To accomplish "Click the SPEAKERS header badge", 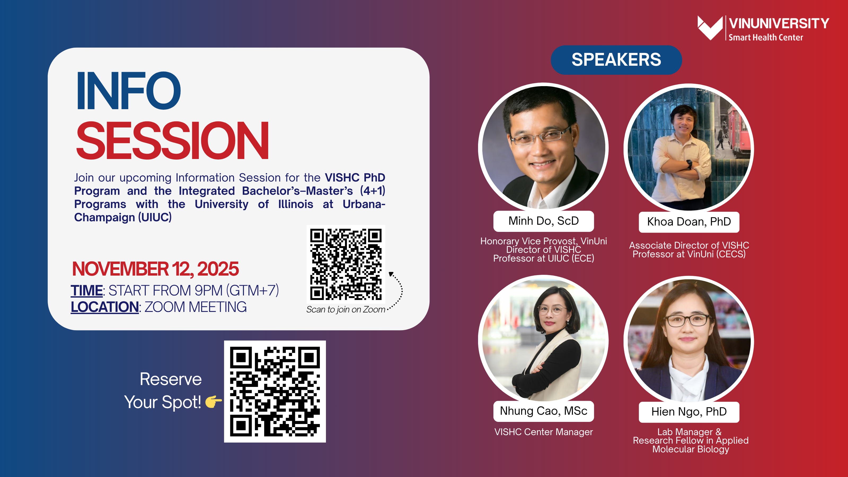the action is [616, 60].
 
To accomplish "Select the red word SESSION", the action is [173, 140].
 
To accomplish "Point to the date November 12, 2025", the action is [155, 269].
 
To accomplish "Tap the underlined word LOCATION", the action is [105, 307].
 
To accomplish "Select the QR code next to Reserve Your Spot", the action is [275, 391].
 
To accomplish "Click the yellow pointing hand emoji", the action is [213, 402].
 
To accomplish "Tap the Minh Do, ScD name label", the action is [544, 221].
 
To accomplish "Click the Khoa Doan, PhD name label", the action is [689, 222].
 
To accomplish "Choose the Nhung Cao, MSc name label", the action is [544, 411].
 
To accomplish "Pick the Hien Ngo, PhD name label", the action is [689, 412].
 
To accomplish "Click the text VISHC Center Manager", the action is [544, 432].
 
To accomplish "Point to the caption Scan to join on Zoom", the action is [346, 310].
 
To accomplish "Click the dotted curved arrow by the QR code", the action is [401, 290].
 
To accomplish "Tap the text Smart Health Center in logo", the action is [766, 38].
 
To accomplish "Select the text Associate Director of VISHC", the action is [689, 245].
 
